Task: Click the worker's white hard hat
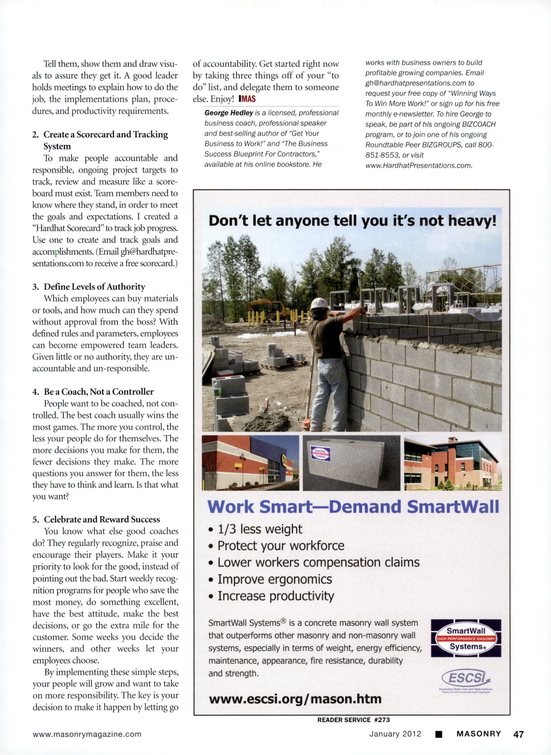[319, 303]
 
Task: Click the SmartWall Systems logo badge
[466, 638]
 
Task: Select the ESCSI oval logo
[465, 679]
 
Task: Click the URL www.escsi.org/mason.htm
[295, 698]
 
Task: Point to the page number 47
[518, 734]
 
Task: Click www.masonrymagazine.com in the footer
[87, 734]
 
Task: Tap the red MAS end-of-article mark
[247, 99]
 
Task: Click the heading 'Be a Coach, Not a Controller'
[99, 391]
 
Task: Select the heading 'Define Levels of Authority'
[94, 286]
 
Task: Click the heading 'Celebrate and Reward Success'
[102, 519]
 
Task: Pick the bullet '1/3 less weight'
[260, 529]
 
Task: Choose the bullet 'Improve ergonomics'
[275, 579]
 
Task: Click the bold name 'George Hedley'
[229, 113]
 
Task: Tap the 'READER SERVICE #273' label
[353, 720]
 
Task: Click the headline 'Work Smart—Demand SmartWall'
[353, 506]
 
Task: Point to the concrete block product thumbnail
[351, 463]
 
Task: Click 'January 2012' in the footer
[395, 734]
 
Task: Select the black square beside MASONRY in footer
[439, 734]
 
